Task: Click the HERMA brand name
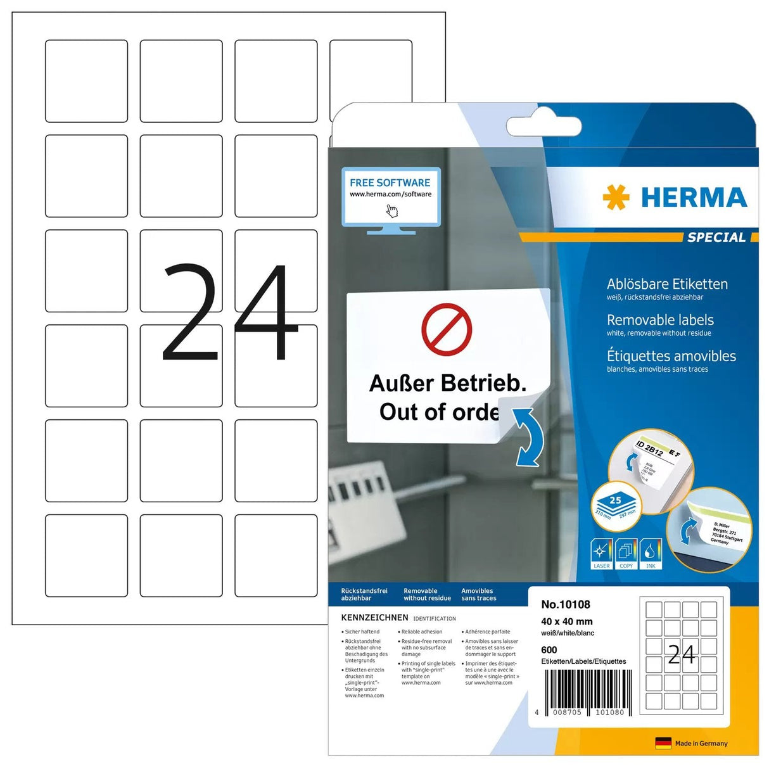pos(694,198)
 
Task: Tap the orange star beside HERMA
pos(616,197)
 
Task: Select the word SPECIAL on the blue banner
pos(716,238)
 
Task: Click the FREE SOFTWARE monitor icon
pos(391,198)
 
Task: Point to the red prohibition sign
pos(447,329)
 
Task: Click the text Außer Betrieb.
pos(447,383)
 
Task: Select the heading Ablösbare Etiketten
pos(667,284)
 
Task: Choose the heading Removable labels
pos(660,320)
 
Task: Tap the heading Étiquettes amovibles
pos(671,356)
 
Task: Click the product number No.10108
pos(565,604)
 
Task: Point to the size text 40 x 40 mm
pos(566,621)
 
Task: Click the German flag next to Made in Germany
pos(663,743)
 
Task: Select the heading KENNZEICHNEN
pos(374,618)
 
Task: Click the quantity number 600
pos(549,650)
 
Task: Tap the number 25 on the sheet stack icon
pos(616,500)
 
